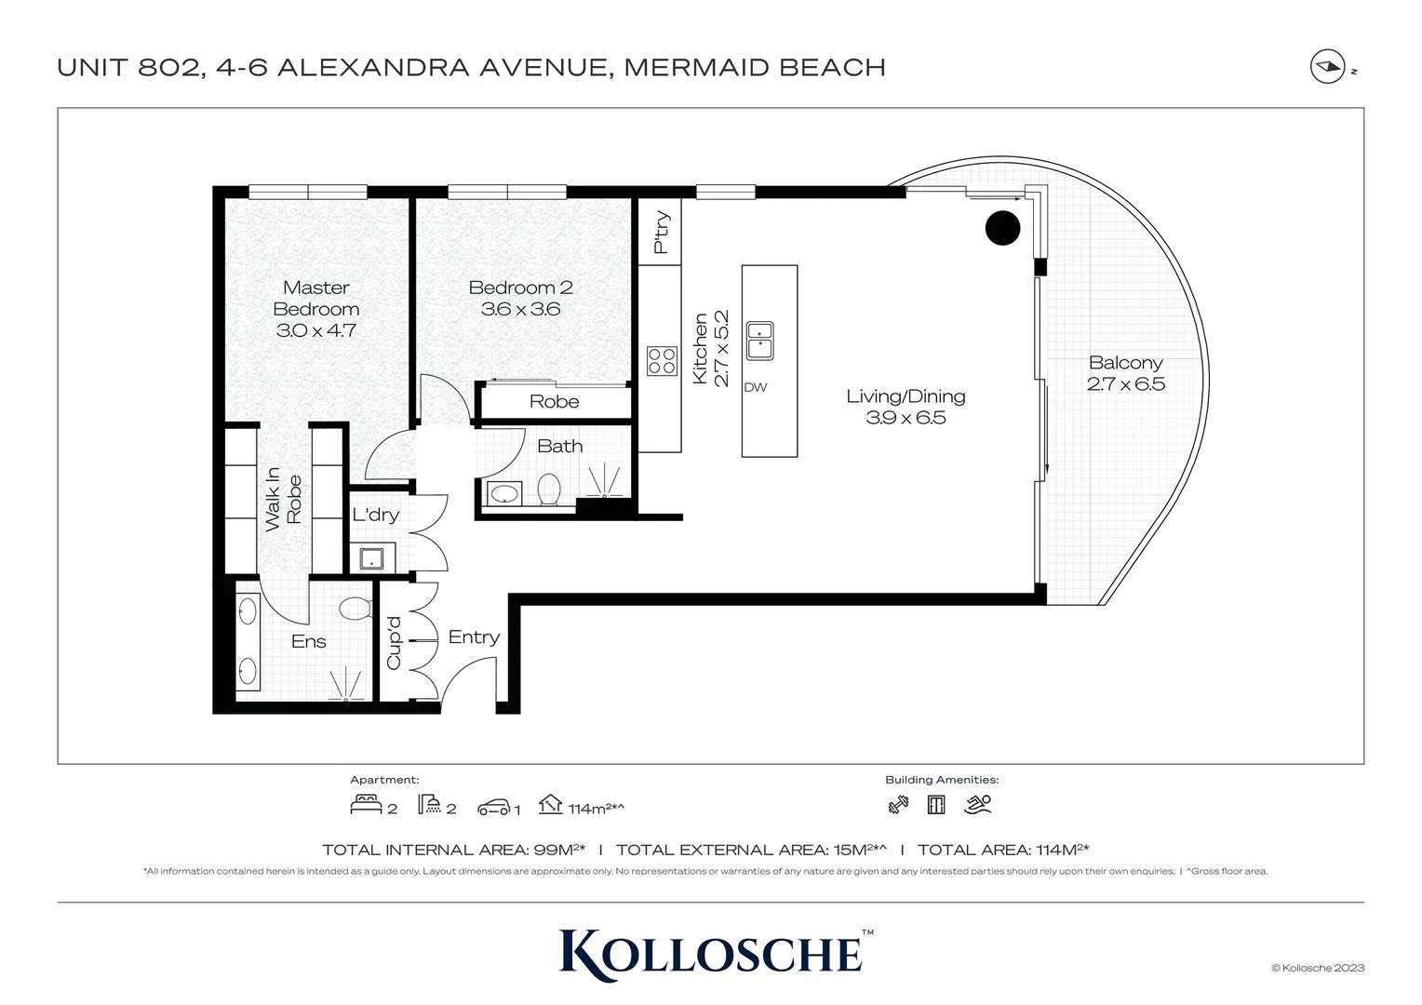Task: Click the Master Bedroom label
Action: [x=315, y=299]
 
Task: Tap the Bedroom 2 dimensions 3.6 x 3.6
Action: [x=520, y=310]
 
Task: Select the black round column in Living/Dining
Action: [x=1002, y=228]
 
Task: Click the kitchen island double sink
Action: [x=759, y=341]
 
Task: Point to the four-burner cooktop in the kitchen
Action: [x=662, y=360]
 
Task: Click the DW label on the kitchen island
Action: [x=756, y=387]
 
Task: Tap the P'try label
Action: [x=661, y=233]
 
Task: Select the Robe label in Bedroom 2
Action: [x=554, y=402]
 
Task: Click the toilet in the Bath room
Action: [x=549, y=489]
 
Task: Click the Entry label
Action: [x=474, y=637]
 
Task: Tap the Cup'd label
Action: [x=394, y=642]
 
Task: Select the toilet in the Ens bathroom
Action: [x=355, y=610]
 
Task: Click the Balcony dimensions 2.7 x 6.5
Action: [x=1125, y=384]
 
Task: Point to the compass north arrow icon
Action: [x=1326, y=68]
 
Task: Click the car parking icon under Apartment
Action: [x=494, y=807]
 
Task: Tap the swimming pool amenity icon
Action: [x=978, y=805]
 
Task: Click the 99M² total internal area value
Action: [x=559, y=850]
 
